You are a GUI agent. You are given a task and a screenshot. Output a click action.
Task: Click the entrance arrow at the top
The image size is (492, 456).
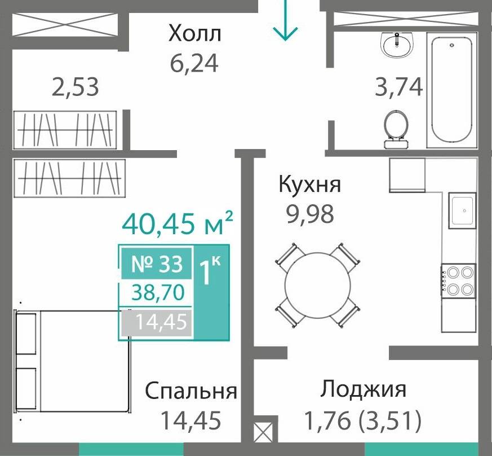point(286,21)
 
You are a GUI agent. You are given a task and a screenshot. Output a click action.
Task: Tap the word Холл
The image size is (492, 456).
point(195,34)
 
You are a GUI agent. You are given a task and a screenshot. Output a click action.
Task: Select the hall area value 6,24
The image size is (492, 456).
point(194,63)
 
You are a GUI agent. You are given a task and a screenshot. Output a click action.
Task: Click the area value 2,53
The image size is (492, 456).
point(76,87)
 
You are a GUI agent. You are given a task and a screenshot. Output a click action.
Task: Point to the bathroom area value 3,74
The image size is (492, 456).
point(399,87)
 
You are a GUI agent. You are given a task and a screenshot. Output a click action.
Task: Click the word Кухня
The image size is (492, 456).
point(311,184)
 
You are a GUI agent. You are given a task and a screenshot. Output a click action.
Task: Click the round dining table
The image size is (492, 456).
point(317,285)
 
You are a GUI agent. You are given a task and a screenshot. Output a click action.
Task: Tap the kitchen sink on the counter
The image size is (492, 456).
point(462,210)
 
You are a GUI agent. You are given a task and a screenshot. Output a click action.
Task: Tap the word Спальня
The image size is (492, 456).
point(191,391)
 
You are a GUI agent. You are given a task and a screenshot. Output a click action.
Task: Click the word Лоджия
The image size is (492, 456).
point(364,389)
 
